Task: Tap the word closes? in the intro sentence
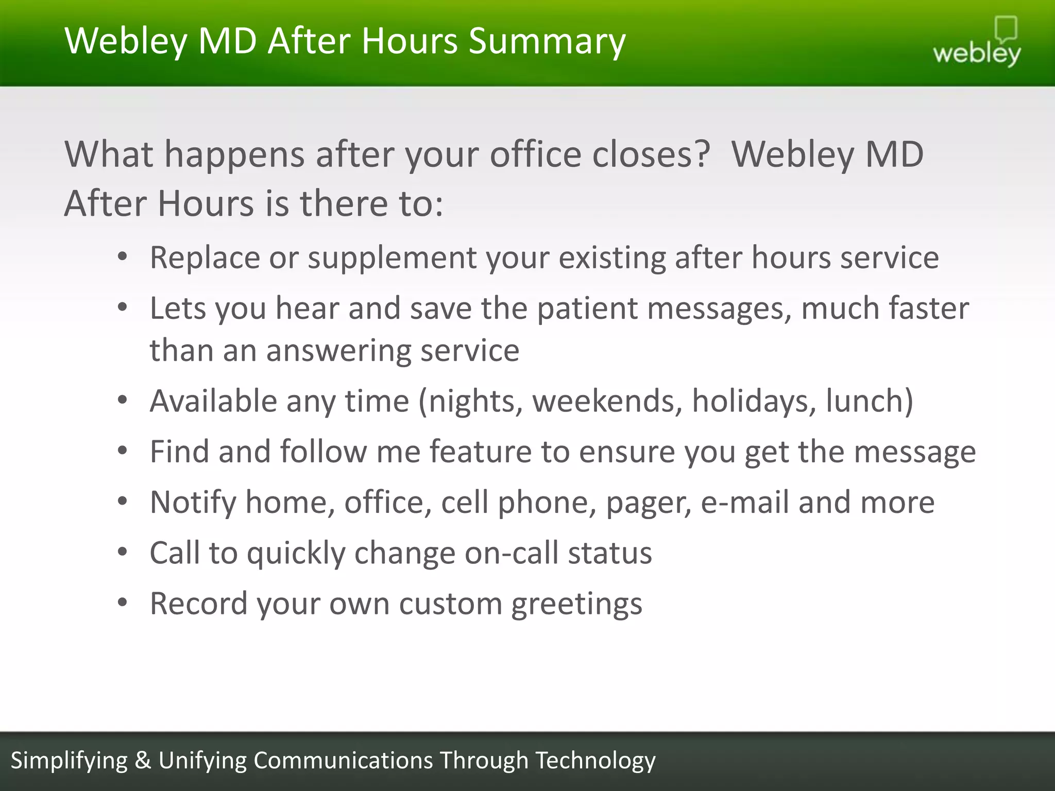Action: click(651, 154)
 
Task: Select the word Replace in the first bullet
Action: click(205, 257)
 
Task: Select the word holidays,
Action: click(754, 401)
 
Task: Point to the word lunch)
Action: click(870, 401)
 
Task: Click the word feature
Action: click(480, 452)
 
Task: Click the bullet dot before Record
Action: click(122, 602)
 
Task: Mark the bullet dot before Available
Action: click(122, 400)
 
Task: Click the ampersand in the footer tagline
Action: click(143, 761)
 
